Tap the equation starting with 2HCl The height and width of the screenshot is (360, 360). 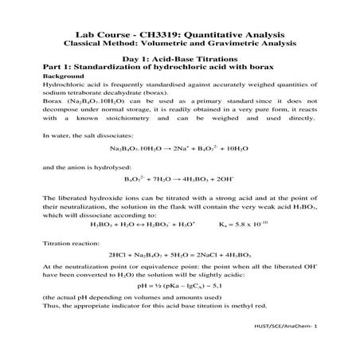point(180,255)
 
